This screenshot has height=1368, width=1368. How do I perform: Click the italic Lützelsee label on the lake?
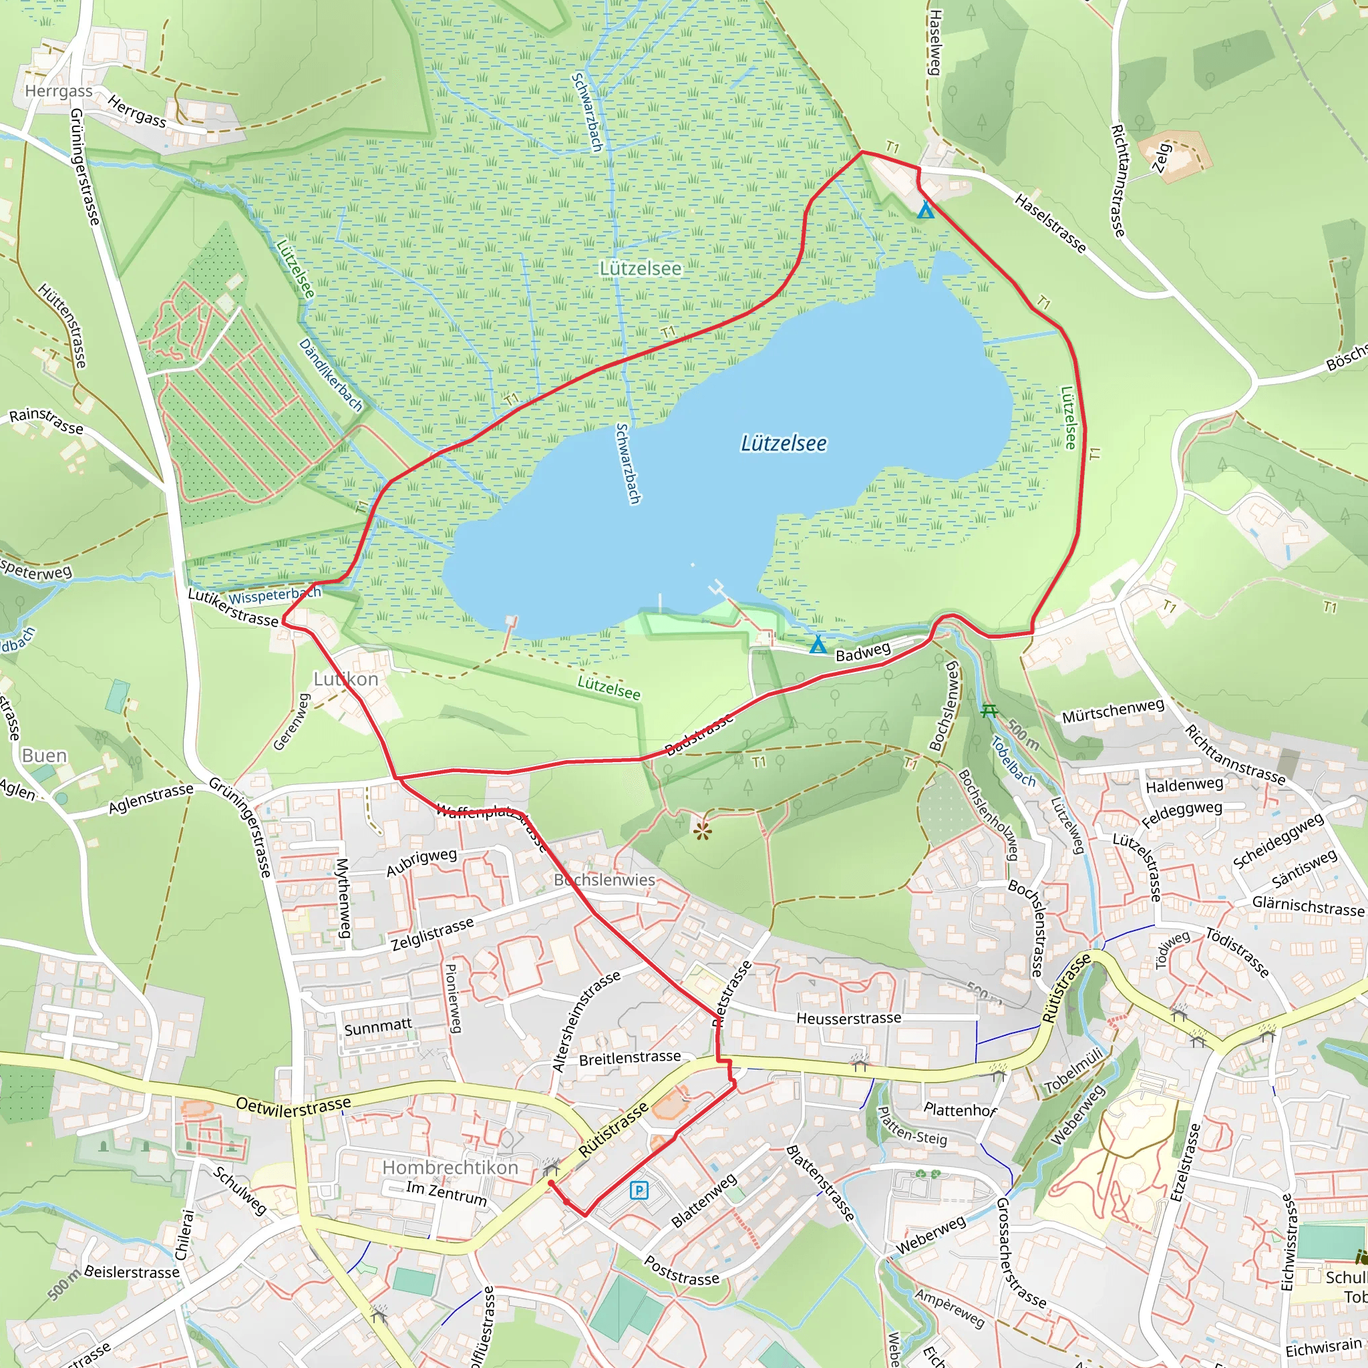pyautogui.click(x=783, y=444)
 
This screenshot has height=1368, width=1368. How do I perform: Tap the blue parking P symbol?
pyautogui.click(x=639, y=1190)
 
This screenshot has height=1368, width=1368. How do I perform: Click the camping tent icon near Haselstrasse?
pyautogui.click(x=924, y=210)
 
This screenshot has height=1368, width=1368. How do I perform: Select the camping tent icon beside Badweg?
pyautogui.click(x=818, y=645)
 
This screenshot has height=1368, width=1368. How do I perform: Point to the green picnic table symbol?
pyautogui.click(x=989, y=710)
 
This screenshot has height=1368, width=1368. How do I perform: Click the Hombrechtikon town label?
pyautogui.click(x=450, y=1167)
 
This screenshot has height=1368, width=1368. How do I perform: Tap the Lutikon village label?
pyautogui.click(x=345, y=679)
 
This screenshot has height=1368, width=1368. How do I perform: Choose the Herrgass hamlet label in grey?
pyautogui.click(x=59, y=91)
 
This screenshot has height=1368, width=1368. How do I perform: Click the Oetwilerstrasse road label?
pyautogui.click(x=293, y=1107)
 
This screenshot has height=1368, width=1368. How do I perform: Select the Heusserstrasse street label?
pyautogui.click(x=848, y=1018)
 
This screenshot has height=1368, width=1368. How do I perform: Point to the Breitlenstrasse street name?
pyautogui.click(x=629, y=1058)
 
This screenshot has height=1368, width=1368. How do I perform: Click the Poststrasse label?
pyautogui.click(x=681, y=1270)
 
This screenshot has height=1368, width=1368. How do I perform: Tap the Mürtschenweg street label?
pyautogui.click(x=1113, y=710)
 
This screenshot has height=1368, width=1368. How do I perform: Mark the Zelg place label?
pyautogui.click(x=1162, y=157)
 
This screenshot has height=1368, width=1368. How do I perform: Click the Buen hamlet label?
pyautogui.click(x=44, y=755)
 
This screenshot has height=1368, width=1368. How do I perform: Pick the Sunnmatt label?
pyautogui.click(x=377, y=1026)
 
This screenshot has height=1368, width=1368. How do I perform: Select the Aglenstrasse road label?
pyautogui.click(x=150, y=798)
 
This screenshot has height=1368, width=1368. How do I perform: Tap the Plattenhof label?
pyautogui.click(x=959, y=1109)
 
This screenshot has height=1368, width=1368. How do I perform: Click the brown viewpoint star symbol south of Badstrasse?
pyautogui.click(x=702, y=831)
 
